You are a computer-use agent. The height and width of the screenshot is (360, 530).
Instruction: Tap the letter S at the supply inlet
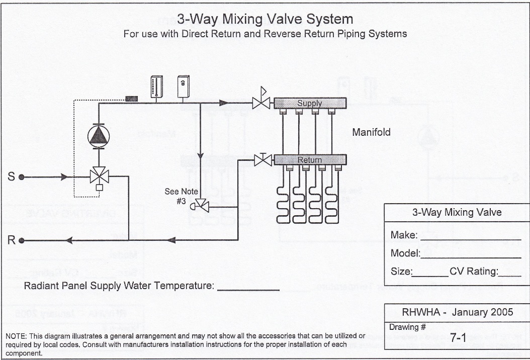click(11, 176)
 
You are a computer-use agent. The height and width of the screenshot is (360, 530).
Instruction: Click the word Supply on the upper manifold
click(309, 103)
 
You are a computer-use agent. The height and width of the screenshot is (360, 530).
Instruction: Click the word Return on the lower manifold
click(309, 160)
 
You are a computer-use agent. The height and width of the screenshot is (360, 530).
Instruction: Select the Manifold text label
click(371, 132)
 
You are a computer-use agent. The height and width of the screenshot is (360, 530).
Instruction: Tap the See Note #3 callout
click(181, 196)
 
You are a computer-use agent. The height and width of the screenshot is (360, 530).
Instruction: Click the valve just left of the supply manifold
click(260, 103)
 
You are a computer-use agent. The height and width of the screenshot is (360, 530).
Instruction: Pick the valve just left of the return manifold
click(262, 160)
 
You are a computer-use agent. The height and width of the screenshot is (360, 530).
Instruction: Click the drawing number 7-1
click(459, 338)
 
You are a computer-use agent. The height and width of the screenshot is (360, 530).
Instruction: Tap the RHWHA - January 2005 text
click(457, 312)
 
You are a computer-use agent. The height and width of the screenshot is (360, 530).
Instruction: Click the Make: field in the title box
click(404, 235)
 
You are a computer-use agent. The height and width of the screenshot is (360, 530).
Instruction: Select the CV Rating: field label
click(473, 272)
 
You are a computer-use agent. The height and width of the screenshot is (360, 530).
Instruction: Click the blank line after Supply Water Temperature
click(248, 288)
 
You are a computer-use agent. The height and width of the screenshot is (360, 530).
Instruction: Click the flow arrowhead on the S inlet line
click(63, 177)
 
